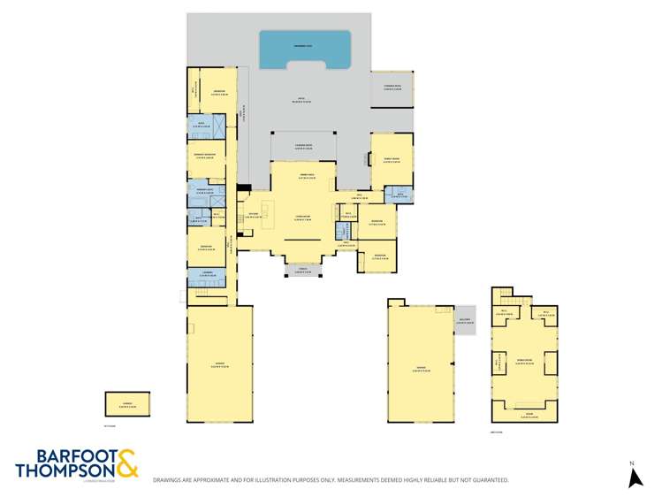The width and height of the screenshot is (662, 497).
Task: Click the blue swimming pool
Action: coord(304,50)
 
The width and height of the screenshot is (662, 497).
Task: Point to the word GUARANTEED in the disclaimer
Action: coord(485,480)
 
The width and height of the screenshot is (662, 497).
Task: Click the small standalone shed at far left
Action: coord(127,404)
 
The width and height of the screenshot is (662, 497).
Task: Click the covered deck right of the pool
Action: coord(392,89)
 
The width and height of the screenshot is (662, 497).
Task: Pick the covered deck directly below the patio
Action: coord(303,146)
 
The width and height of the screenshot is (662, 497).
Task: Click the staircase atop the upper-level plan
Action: coord(504,295)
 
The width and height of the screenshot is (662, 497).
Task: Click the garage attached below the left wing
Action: coord(218,363)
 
